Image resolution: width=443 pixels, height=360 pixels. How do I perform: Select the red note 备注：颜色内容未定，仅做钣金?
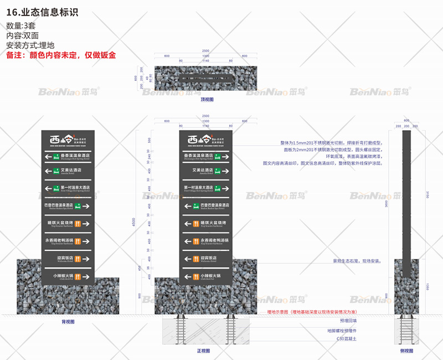pyautogui.click(x=61, y=55)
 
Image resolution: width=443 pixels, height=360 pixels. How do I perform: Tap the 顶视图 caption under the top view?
pyautogui.click(x=207, y=99)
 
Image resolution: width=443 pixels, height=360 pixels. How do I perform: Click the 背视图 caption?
pyautogui.click(x=68, y=321)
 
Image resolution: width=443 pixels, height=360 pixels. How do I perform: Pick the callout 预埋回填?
pyautogui.click(x=348, y=321)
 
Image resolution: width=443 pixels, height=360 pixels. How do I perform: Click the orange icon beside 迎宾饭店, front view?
pyautogui.click(x=195, y=259)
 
